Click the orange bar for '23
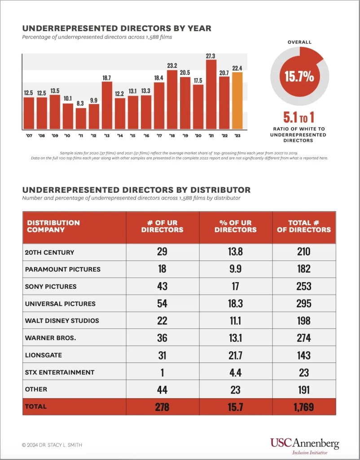coord(237,101)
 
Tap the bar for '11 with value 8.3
coord(81,118)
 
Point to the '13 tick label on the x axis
coord(107,135)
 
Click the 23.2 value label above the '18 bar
coord(172,66)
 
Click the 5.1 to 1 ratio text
coord(299,118)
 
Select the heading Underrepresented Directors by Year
coord(117,28)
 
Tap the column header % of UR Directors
coord(236,226)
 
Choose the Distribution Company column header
coord(53,226)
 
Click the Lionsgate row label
coord(43,355)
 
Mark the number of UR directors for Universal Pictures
coord(162,303)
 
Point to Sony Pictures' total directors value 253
coord(304,286)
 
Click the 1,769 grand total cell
coord(304,407)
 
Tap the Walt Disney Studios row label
coord(62,321)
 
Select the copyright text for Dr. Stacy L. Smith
coord(52,445)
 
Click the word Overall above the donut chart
coord(299,42)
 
